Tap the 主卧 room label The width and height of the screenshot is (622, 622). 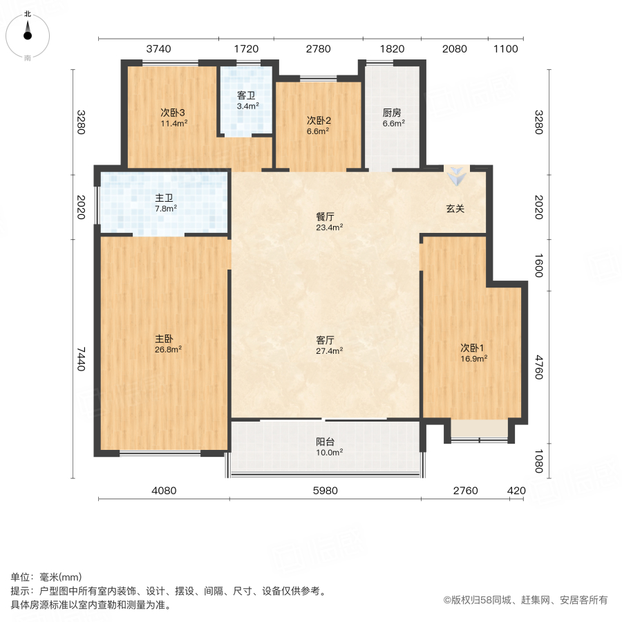(x=164, y=339)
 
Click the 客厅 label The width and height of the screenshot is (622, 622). (x=325, y=340)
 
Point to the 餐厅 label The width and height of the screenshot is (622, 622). (x=325, y=216)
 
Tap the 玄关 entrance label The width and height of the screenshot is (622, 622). (x=455, y=209)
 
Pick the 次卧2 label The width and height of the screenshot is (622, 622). (x=318, y=120)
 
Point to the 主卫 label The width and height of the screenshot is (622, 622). (x=164, y=197)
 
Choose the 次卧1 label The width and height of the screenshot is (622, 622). (x=473, y=347)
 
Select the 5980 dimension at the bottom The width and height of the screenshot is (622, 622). (x=326, y=491)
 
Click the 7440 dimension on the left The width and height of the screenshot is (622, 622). (x=81, y=359)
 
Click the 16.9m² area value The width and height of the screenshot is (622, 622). (x=474, y=358)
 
